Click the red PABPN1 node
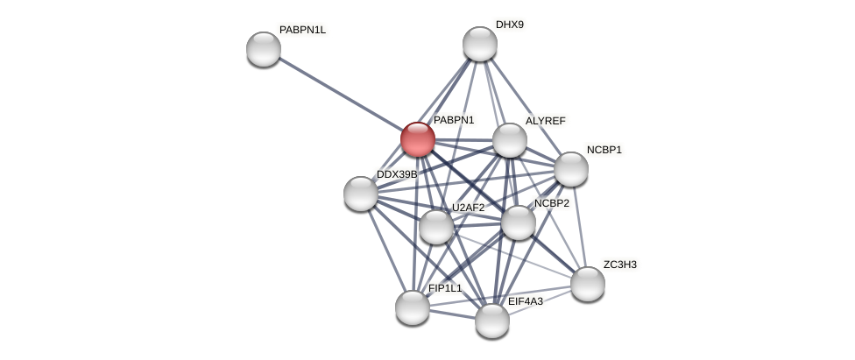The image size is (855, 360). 418,139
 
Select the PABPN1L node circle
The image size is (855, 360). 264,49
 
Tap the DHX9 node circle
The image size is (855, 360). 480,44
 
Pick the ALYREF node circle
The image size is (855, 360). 510,140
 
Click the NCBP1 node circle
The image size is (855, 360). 571,169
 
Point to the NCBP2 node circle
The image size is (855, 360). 519,222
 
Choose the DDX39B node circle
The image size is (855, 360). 361,194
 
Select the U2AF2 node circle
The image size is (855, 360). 436,227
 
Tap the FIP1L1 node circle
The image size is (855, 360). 413,307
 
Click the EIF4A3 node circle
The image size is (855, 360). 492,321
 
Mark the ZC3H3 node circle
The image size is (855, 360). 588,284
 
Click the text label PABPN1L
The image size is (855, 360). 302,30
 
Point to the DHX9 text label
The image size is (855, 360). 510,25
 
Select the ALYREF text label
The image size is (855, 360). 546,121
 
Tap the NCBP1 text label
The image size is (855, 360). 604,150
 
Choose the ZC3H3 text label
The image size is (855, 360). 620,265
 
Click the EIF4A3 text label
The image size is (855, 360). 526,301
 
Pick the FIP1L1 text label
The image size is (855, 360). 445,288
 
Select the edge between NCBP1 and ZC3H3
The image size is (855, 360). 580,227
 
